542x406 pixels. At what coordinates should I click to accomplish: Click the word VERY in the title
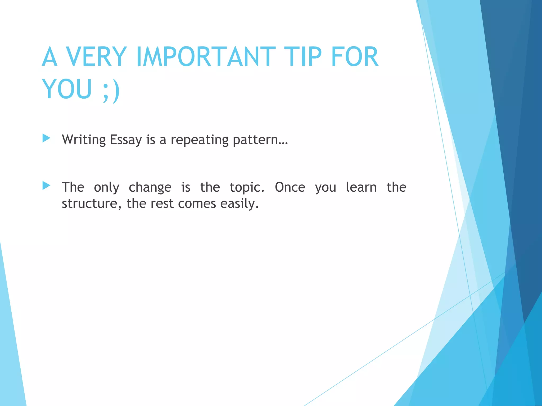click(x=96, y=57)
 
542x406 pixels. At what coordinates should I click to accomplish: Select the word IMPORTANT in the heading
click(x=206, y=57)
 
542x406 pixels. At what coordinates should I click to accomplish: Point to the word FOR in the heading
click(x=355, y=57)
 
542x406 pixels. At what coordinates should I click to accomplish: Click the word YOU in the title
click(x=67, y=89)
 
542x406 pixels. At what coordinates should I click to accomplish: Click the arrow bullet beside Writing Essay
click(x=46, y=138)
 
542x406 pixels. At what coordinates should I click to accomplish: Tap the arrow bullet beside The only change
click(x=46, y=186)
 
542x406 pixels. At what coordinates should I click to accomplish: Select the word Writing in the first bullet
click(x=84, y=140)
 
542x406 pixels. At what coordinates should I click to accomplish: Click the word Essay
click(x=126, y=140)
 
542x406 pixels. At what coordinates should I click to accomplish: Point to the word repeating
click(x=200, y=140)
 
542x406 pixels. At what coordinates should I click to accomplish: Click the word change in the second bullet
click(x=150, y=187)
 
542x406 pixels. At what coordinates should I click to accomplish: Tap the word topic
click(x=247, y=187)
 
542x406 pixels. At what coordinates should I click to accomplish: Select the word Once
click(x=290, y=187)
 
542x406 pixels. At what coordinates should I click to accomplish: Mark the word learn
click(x=361, y=187)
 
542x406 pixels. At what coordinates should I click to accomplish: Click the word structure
click(x=90, y=204)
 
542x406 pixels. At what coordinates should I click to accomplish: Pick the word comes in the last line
click(x=197, y=204)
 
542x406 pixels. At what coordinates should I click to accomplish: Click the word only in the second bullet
click(x=107, y=187)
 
